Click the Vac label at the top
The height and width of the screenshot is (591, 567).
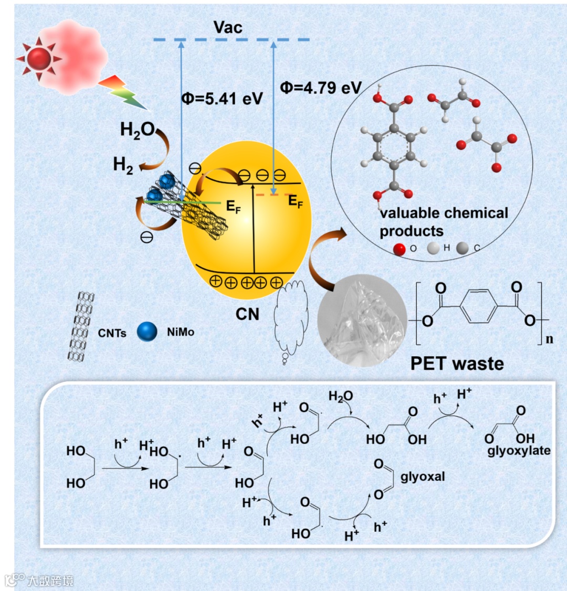[x=228, y=28]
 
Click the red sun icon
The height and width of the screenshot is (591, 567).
[x=39, y=58]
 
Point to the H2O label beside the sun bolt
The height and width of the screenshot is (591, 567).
[x=137, y=130]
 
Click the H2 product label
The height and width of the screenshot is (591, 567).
[x=123, y=166]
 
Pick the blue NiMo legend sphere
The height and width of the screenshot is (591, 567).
[x=147, y=332]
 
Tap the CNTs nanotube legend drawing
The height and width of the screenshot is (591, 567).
[x=80, y=327]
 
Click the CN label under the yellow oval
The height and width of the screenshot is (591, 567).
[x=247, y=314]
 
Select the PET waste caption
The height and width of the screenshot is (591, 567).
[x=457, y=363]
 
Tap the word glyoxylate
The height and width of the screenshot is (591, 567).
[x=519, y=450]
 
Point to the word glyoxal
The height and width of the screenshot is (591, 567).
[x=423, y=477]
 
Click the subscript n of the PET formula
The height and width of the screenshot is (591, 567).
[x=549, y=339]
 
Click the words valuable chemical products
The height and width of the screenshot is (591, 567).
[x=444, y=222]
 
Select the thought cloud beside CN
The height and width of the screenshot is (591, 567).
[x=290, y=320]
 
